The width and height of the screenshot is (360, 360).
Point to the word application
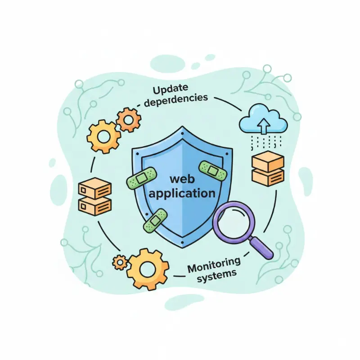click(x=182, y=194)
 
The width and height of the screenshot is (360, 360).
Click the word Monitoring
click(x=214, y=265)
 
